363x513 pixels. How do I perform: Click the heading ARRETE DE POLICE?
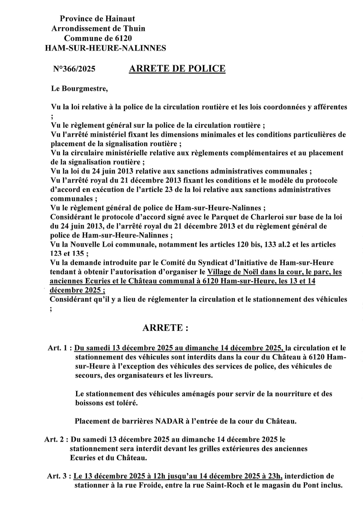coord(177,69)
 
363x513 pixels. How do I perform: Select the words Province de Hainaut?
coord(98,19)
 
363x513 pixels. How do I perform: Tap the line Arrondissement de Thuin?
coord(98,29)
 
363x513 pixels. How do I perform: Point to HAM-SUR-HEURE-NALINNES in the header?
coord(106,48)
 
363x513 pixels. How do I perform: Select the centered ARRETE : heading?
coord(165,328)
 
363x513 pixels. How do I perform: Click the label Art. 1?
coord(58,348)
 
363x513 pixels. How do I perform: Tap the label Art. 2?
coord(55,439)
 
